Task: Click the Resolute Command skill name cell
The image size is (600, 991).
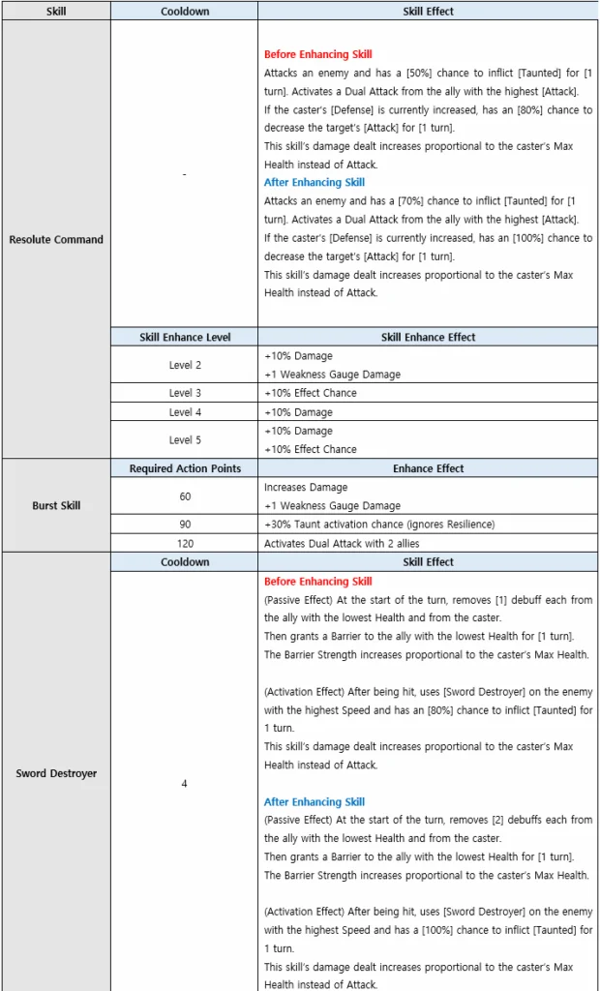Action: click(56, 239)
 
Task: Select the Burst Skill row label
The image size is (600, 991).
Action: click(56, 505)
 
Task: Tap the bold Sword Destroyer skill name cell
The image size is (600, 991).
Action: click(56, 773)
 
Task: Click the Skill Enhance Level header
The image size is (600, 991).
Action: click(184, 337)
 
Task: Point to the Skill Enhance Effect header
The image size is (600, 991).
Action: click(428, 337)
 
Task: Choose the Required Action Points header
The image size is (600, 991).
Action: click(184, 468)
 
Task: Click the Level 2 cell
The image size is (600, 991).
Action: click(184, 365)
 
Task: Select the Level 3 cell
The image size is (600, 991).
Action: click(184, 393)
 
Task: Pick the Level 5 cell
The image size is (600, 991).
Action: click(184, 439)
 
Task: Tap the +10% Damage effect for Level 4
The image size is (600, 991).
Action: click(298, 412)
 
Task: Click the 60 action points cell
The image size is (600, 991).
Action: click(184, 496)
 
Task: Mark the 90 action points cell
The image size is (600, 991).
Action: click(184, 525)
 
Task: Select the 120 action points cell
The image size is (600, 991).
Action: click(184, 543)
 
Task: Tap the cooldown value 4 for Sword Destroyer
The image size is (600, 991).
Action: click(184, 782)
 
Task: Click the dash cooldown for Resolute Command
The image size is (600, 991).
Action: click(184, 174)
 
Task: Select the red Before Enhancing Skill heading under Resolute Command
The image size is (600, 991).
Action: click(317, 54)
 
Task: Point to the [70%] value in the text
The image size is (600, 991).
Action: click(393, 200)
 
